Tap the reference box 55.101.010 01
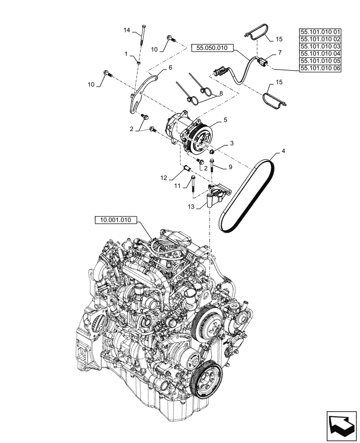(320, 32)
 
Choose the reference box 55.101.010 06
(320, 68)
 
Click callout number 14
(127, 30)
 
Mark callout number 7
(279, 53)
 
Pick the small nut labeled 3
(212, 152)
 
